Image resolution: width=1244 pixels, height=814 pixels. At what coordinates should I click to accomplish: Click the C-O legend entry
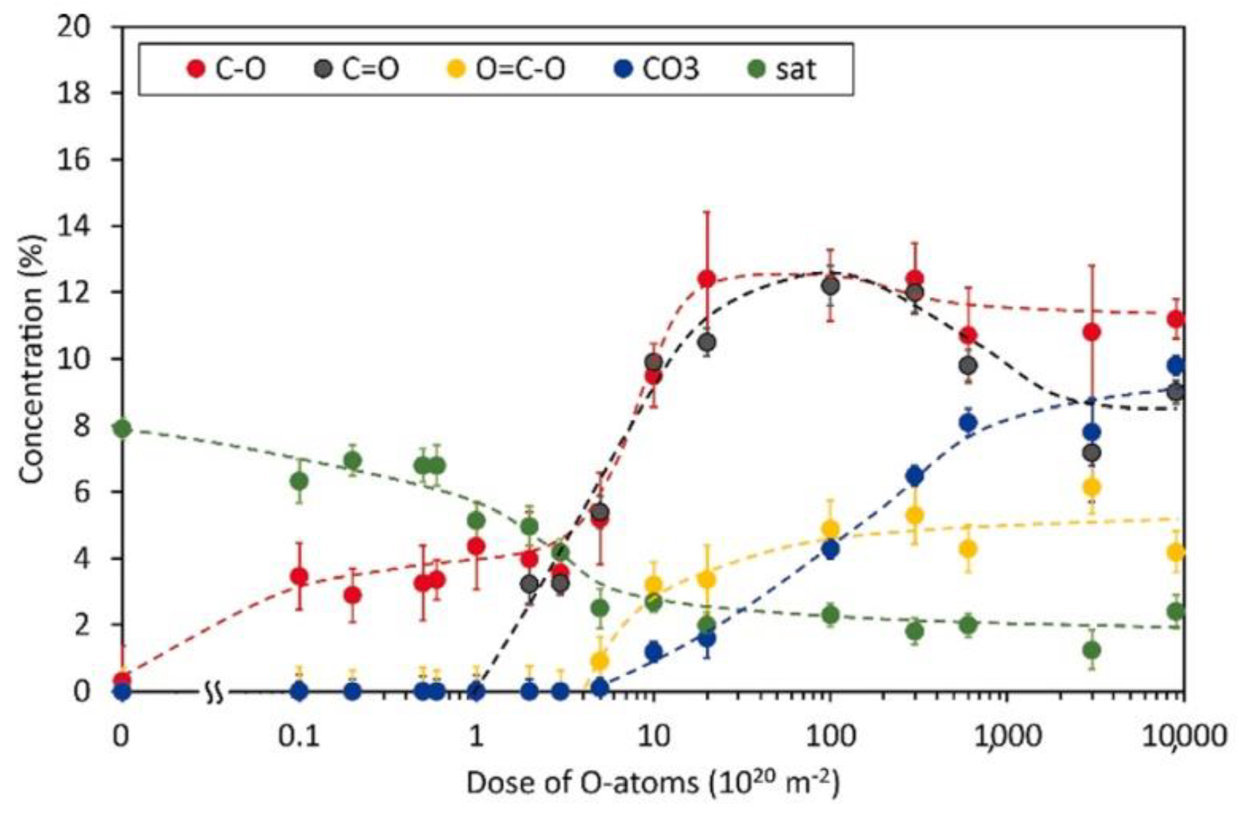click(227, 69)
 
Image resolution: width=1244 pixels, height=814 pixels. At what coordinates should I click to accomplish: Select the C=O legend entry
click(358, 69)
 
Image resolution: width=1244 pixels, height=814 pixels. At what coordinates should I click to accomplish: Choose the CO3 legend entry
click(658, 69)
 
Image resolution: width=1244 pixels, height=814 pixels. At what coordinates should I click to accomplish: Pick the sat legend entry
click(784, 69)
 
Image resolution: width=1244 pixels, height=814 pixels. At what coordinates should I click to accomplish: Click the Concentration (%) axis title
click(32, 359)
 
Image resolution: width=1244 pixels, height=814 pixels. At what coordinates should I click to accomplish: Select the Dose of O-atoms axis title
click(653, 784)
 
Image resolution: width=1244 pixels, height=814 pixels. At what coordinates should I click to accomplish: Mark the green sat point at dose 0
click(123, 428)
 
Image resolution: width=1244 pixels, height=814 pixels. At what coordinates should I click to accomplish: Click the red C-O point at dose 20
click(707, 278)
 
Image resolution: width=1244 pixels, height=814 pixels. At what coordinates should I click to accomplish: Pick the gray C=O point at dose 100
click(830, 286)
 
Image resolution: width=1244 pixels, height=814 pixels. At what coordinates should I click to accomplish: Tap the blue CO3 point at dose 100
click(830, 550)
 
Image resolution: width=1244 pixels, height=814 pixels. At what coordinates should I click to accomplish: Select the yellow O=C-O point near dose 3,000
click(1092, 487)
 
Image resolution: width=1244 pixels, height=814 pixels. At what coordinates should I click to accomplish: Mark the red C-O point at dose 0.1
click(300, 577)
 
